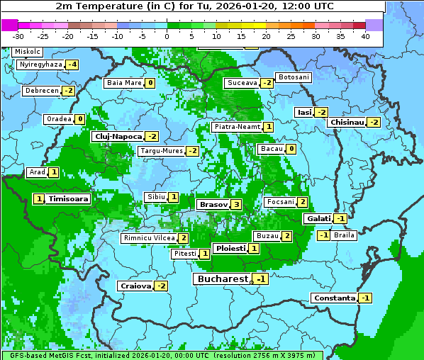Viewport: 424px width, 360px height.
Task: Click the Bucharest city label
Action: pos(222,279)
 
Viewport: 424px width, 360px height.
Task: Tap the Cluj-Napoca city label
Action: pos(117,136)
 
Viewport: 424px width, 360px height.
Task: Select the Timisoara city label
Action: pos(68,199)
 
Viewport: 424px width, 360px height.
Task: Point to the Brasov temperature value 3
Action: pos(236,204)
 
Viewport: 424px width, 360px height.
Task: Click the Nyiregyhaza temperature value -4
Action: pos(71,64)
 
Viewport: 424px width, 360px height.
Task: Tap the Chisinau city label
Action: pos(346,122)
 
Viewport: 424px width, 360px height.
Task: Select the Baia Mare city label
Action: pos(123,83)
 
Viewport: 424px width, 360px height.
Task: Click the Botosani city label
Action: pos(293,77)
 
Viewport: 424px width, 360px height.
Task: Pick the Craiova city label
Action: pos(135,286)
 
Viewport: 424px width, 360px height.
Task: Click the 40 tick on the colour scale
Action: pos(365,35)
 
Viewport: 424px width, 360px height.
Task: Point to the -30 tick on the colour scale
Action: pos(18,35)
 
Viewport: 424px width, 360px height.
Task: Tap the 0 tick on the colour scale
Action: pos(167,35)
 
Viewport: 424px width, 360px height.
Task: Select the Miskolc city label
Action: pos(28,52)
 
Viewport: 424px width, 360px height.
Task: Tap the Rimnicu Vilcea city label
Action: pos(147,238)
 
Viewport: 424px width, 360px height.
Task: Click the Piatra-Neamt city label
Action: pos(237,127)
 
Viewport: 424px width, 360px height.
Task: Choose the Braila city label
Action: pos(344,235)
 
